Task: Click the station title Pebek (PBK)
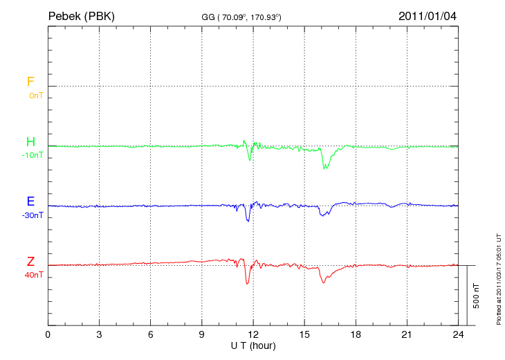click(x=82, y=15)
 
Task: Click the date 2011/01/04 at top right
click(x=428, y=15)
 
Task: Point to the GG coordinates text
click(x=241, y=16)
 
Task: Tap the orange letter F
click(x=30, y=82)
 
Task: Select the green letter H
click(x=30, y=142)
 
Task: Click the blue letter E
click(x=30, y=202)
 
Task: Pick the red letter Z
click(x=30, y=262)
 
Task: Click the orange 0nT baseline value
click(x=35, y=95)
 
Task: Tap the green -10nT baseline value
click(x=33, y=155)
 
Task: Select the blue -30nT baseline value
click(x=33, y=215)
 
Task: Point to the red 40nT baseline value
click(x=34, y=275)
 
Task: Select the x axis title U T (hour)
click(x=253, y=345)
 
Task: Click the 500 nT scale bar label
click(x=477, y=296)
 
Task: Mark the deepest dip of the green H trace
click(x=324, y=168)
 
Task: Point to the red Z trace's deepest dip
click(x=247, y=284)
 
